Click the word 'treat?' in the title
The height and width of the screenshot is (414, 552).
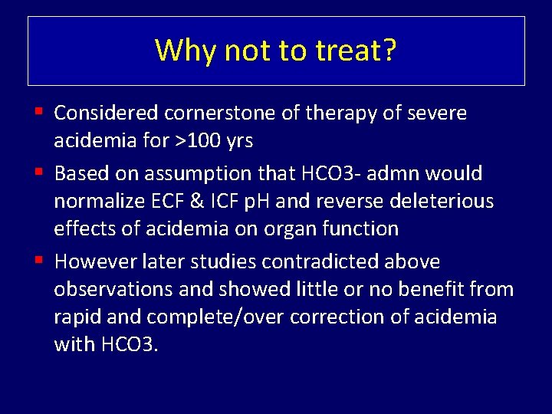pos(356,51)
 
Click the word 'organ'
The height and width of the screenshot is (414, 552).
pos(302,229)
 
